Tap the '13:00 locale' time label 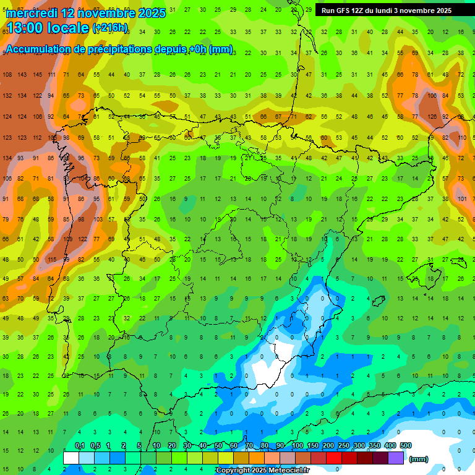48,28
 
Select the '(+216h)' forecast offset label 110,28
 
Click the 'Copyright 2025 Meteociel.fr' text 262,471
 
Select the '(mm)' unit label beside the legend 419,459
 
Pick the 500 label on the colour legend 406,445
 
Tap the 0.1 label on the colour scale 80,445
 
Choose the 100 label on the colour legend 297,445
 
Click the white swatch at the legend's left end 71,458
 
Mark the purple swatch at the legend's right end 396,458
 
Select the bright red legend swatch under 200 334,458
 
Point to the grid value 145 38,75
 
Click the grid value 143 22,75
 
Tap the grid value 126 432,116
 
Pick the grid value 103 98,220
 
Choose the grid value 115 53,259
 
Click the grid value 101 462,199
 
